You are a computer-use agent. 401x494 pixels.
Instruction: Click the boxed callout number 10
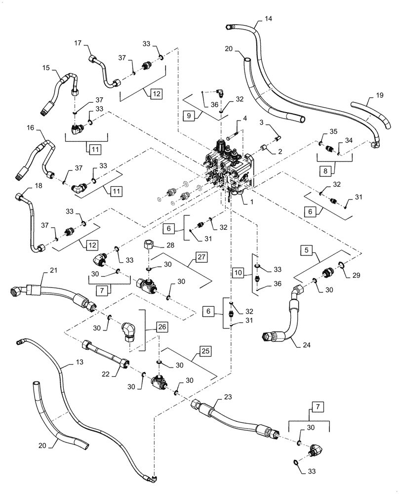[238, 272]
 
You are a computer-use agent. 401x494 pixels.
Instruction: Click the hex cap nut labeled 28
[149, 245]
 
